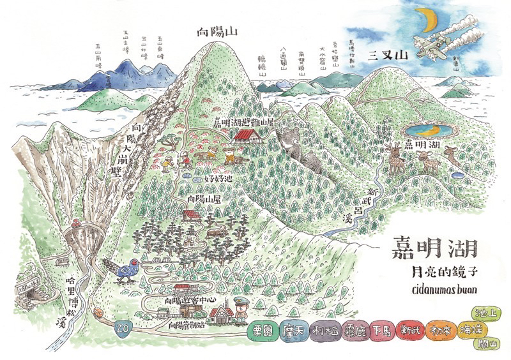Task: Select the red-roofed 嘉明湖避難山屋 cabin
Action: click(245, 135)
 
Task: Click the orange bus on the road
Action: click(98, 313)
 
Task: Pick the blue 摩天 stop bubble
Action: click(291, 331)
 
